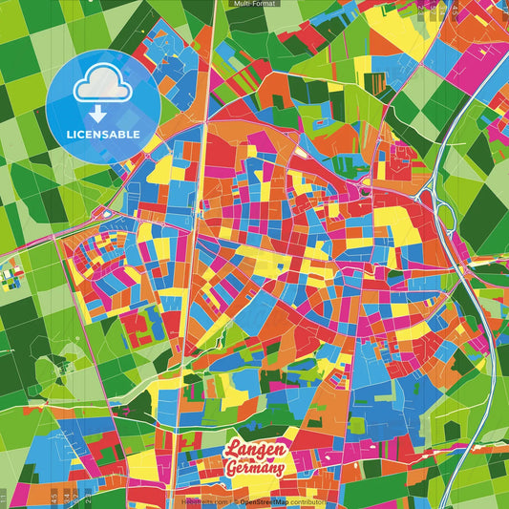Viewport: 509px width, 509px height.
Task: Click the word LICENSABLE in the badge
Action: click(x=103, y=134)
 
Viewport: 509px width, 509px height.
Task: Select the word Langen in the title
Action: click(x=254, y=451)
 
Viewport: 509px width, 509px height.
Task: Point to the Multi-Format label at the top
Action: click(x=254, y=4)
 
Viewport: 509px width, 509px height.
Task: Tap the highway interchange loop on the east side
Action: click(x=446, y=214)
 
